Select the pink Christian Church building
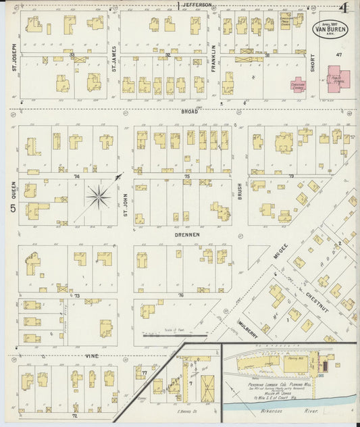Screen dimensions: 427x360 (x=298, y=84)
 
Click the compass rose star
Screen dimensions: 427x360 (x=99, y=197)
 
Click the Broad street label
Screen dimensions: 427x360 (x=189, y=111)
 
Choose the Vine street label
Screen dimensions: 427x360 (x=93, y=355)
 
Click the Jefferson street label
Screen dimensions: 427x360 (x=198, y=5)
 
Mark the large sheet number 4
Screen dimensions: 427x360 (x=344, y=9)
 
